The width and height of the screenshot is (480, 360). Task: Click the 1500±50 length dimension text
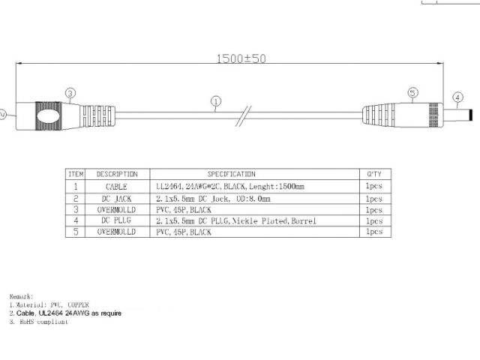coord(241,58)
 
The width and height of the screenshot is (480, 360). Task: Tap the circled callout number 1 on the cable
coord(216,100)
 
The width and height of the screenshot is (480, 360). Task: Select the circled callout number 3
coord(70,94)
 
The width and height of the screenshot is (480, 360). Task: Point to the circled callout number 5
coord(412,93)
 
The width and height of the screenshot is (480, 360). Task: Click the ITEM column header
coord(76,174)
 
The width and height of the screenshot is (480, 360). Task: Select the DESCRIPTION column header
coord(117,174)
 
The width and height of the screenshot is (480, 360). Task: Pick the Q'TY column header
coord(373,174)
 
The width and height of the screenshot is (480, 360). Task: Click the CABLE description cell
coord(117,186)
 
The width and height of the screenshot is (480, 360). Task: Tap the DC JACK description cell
coord(117,198)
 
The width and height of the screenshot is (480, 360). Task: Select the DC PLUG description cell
coord(117,221)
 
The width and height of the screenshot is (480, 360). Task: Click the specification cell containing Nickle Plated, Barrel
coord(235,221)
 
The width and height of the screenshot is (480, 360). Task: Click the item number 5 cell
coord(76,232)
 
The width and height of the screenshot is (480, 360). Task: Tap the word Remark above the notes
coord(22,296)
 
